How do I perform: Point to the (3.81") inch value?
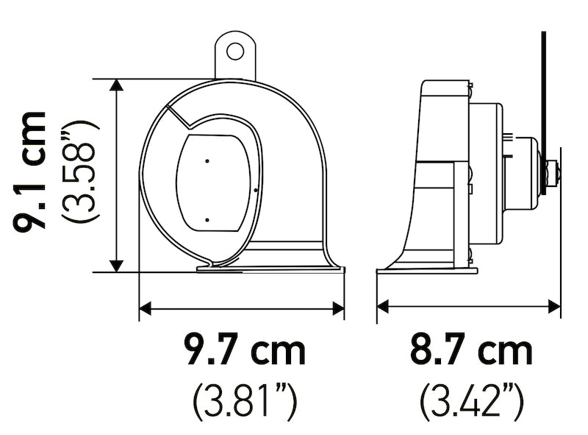point(244,402)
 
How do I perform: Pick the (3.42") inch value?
point(471,402)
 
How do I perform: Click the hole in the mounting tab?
point(234,52)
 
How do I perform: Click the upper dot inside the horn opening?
point(207,160)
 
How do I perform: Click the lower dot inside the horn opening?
point(207,219)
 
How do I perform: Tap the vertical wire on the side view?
point(544,81)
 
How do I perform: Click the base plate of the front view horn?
point(270,269)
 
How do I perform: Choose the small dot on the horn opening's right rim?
point(254,190)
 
